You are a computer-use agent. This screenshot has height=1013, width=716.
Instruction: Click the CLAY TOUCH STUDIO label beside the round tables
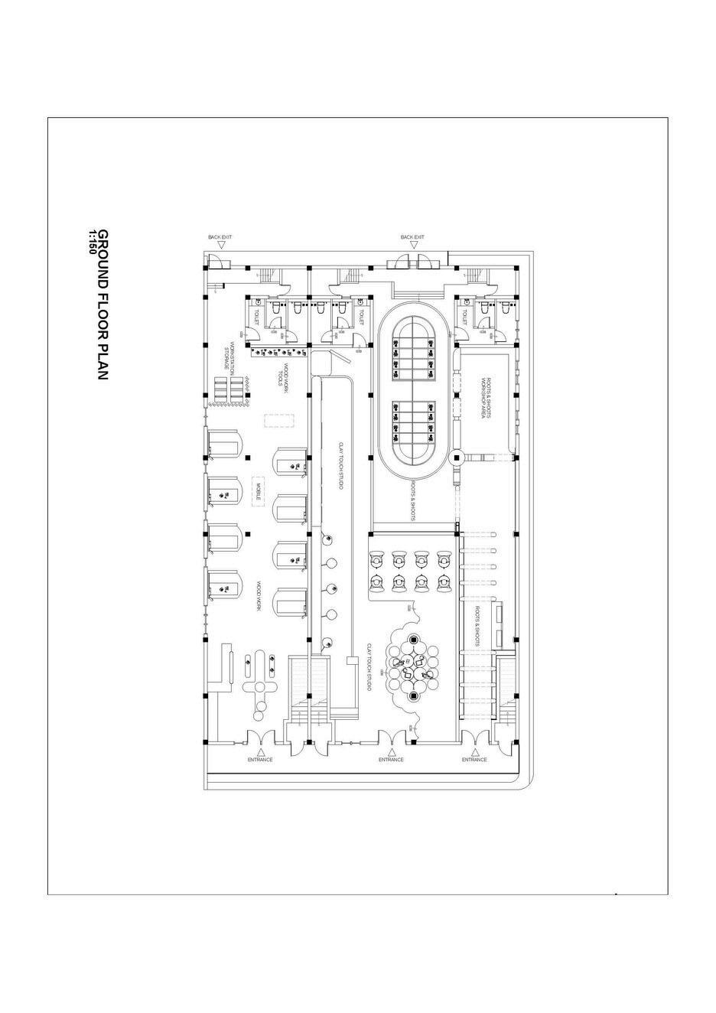[x=369, y=667]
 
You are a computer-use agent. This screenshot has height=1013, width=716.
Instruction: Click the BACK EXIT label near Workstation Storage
[x=220, y=237]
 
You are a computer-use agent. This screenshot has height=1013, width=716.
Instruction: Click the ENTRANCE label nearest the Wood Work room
[x=260, y=760]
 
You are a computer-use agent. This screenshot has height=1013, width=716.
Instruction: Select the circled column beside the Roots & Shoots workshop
[x=457, y=458]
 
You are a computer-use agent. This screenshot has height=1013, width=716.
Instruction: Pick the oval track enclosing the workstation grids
[x=413, y=390]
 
